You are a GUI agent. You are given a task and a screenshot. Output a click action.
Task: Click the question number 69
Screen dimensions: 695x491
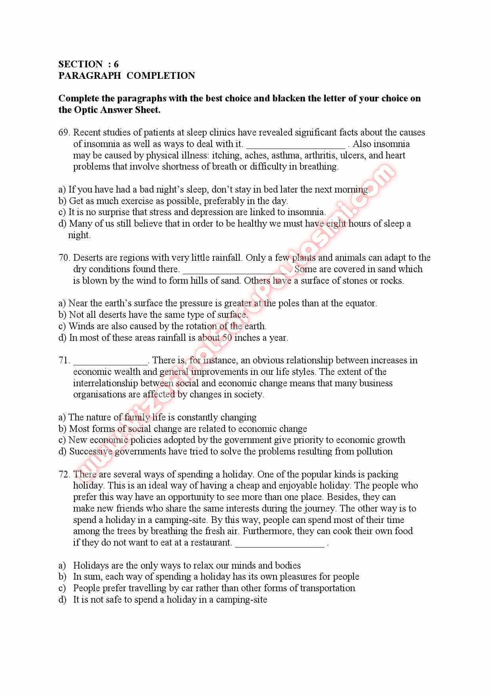[x=64, y=132]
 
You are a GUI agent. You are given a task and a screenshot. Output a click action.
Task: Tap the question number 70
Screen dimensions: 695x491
[x=64, y=258]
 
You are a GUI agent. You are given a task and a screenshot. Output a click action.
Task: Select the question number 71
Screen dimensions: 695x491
[x=63, y=360]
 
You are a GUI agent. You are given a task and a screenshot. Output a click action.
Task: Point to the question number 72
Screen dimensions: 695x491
[x=64, y=474]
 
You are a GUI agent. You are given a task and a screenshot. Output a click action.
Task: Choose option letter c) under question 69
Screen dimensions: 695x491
[x=62, y=212]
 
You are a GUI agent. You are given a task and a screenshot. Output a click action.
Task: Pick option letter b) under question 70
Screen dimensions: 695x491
[x=62, y=315]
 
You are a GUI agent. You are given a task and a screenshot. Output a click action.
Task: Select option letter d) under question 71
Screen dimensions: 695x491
[x=62, y=451]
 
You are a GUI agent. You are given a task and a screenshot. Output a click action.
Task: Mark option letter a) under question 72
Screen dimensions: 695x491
[x=62, y=565]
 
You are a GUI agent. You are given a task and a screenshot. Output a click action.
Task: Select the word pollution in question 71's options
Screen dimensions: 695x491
[x=374, y=451]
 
